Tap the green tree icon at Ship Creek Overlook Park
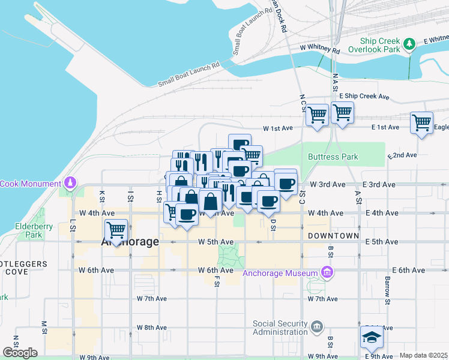409,43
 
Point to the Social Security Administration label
280,328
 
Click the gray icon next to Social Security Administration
318,327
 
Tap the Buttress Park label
333,157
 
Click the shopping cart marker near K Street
116,230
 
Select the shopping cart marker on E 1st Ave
421,123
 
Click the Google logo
20,352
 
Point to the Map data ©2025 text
423,355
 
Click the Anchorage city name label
130,242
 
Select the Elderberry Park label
29,231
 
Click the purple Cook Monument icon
71,182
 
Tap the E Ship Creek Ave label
364,97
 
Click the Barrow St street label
388,291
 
